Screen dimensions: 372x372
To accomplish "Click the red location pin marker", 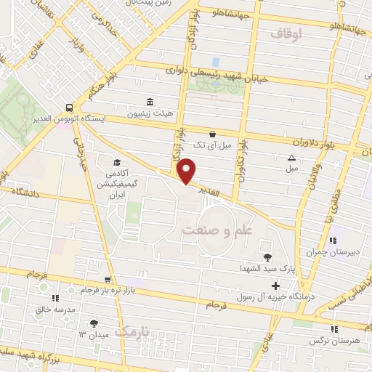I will [x=187, y=171].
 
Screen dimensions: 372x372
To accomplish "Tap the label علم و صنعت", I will [x=216, y=230].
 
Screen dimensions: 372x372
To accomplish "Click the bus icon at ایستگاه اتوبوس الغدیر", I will [x=68, y=105].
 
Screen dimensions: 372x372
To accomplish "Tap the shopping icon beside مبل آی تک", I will [x=211, y=134].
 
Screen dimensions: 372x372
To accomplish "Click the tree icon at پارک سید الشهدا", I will [x=268, y=256].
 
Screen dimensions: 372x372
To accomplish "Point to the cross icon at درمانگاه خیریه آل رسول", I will [x=275, y=285].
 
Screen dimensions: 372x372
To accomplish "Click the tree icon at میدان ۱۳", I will [x=93, y=323].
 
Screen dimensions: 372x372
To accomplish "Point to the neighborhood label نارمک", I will [x=135, y=332].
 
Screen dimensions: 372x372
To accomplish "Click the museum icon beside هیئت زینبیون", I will [x=150, y=102].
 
